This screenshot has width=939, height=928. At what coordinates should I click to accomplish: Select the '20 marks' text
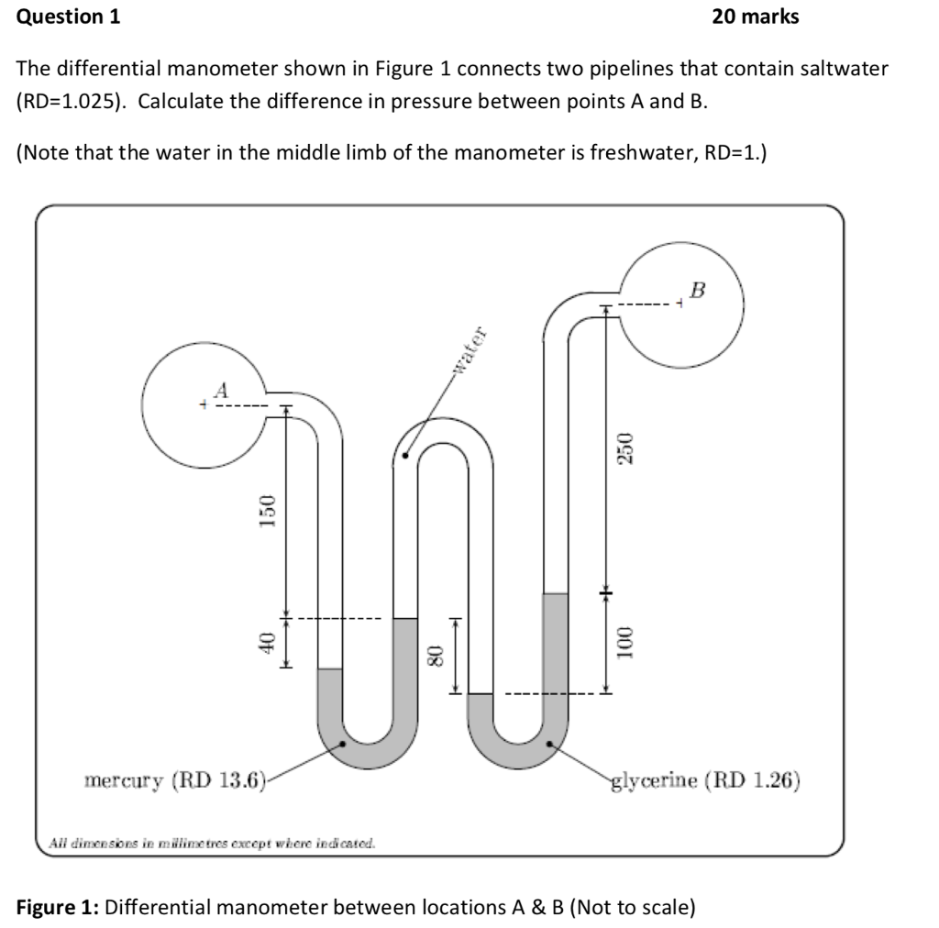coord(755,17)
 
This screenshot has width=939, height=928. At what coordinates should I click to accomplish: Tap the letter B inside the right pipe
coord(698,292)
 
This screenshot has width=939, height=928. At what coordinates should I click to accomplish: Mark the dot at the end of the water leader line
coord(405,453)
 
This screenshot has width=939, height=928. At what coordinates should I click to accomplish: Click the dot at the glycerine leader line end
coord(550,744)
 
